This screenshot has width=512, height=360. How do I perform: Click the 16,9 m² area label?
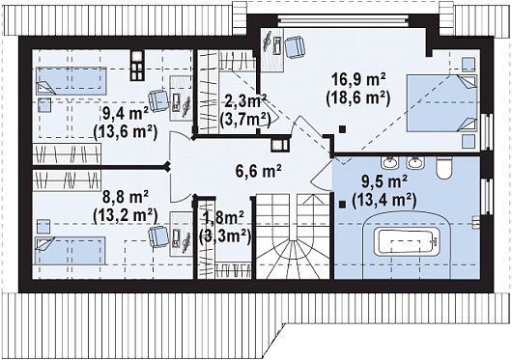(358, 79)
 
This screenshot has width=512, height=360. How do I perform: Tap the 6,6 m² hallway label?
(258, 171)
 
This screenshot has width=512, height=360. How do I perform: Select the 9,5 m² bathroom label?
(384, 182)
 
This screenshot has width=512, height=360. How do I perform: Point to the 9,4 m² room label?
(126, 113)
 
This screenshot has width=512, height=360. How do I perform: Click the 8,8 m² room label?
(126, 197)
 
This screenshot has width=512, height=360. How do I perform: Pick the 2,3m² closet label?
(246, 100)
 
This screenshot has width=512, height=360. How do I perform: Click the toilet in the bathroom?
(444, 168)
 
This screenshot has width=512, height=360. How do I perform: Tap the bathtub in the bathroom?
(408, 241)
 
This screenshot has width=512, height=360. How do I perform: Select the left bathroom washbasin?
(389, 162)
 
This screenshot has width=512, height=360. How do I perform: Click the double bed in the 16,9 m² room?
(441, 103)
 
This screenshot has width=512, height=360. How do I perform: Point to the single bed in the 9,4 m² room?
(71, 81)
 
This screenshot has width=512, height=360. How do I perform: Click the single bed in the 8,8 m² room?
(71, 250)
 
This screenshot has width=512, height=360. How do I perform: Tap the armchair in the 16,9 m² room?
(295, 47)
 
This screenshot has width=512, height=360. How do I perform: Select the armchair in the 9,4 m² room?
(158, 100)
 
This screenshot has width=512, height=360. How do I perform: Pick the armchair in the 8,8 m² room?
(158, 237)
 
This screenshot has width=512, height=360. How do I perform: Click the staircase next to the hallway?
(293, 236)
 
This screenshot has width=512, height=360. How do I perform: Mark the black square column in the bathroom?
(342, 205)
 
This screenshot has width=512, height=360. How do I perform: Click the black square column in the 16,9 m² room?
(342, 129)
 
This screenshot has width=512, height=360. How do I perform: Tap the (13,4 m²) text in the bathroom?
(384, 201)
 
